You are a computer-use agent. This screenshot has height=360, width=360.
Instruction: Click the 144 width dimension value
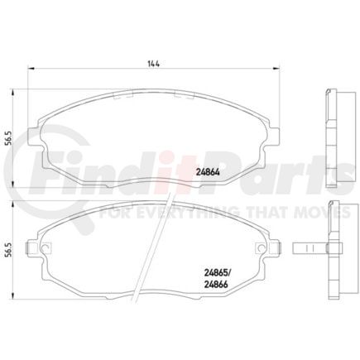tap(154, 64)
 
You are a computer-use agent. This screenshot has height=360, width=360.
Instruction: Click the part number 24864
tap(208, 172)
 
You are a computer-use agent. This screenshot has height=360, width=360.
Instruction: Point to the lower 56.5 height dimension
tap(8, 250)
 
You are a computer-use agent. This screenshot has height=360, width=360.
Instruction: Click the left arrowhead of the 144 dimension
tap(31, 68)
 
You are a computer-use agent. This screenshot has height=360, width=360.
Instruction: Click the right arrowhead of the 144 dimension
tap(276, 68)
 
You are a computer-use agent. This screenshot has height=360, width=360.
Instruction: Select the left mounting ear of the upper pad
tap(35, 137)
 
